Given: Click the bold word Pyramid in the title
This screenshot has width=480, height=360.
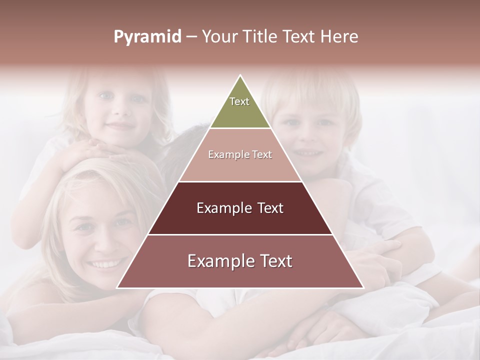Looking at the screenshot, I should tap(147, 37).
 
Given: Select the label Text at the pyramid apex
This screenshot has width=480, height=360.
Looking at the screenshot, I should tap(239, 101).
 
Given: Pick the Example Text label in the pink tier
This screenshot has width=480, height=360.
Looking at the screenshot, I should tap(240, 154).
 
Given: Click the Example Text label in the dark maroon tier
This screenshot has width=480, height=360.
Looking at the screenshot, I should tap(240, 208).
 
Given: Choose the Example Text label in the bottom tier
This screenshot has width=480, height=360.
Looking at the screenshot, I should tap(240, 261).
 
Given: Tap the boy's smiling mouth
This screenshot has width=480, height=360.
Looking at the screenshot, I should tap(306, 152).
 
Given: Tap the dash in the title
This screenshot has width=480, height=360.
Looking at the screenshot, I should tap(191, 37).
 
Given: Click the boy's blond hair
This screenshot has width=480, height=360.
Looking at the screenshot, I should tap(310, 90).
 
